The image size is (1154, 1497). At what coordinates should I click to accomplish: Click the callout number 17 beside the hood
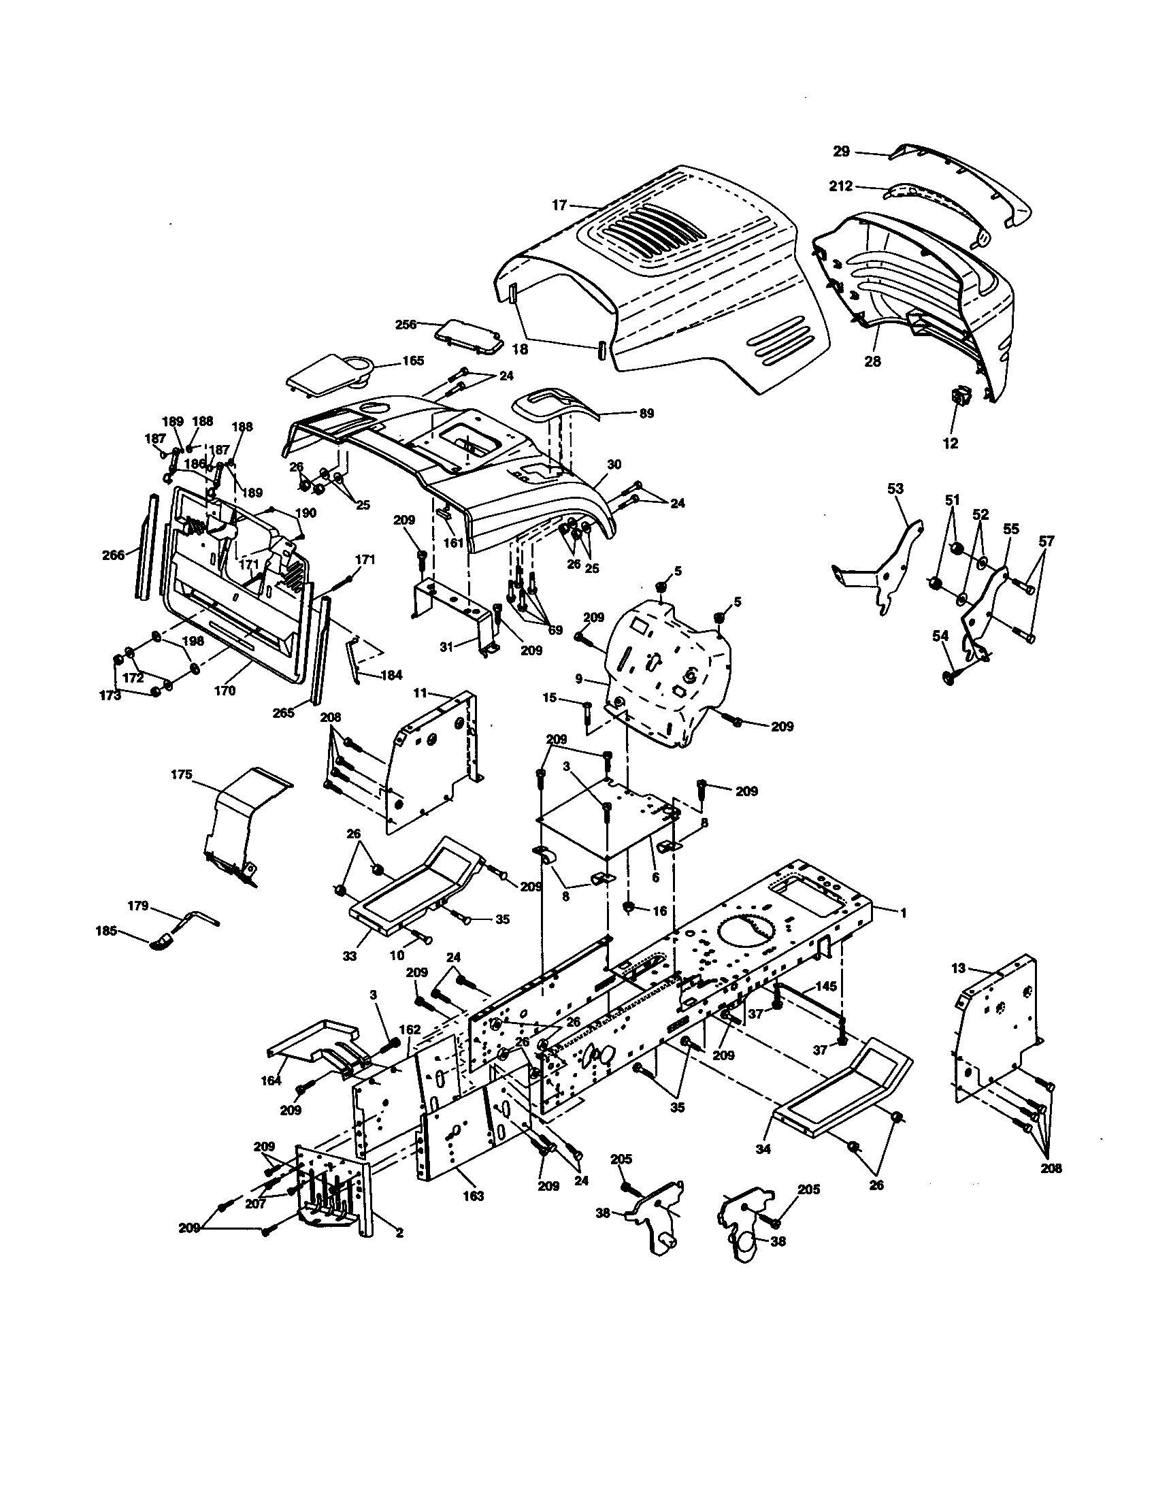point(560,204)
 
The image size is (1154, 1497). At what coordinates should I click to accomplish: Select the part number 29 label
point(842,152)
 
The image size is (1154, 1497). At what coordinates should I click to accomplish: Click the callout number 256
point(406,324)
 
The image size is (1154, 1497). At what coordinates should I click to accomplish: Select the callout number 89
point(646,413)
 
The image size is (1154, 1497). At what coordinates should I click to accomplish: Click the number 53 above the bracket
point(895,489)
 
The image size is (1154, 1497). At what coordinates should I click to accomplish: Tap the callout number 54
point(940,637)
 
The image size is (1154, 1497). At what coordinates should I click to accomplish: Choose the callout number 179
point(137,906)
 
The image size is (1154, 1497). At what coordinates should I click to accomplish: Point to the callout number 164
point(271,1081)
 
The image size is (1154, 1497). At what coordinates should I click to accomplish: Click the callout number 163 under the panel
point(473,1196)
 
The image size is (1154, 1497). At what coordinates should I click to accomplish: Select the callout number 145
point(827,987)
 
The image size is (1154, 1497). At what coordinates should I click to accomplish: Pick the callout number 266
point(113,555)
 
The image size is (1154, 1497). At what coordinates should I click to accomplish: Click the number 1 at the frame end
point(903,912)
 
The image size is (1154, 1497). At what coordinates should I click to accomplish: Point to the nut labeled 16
point(627,908)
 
